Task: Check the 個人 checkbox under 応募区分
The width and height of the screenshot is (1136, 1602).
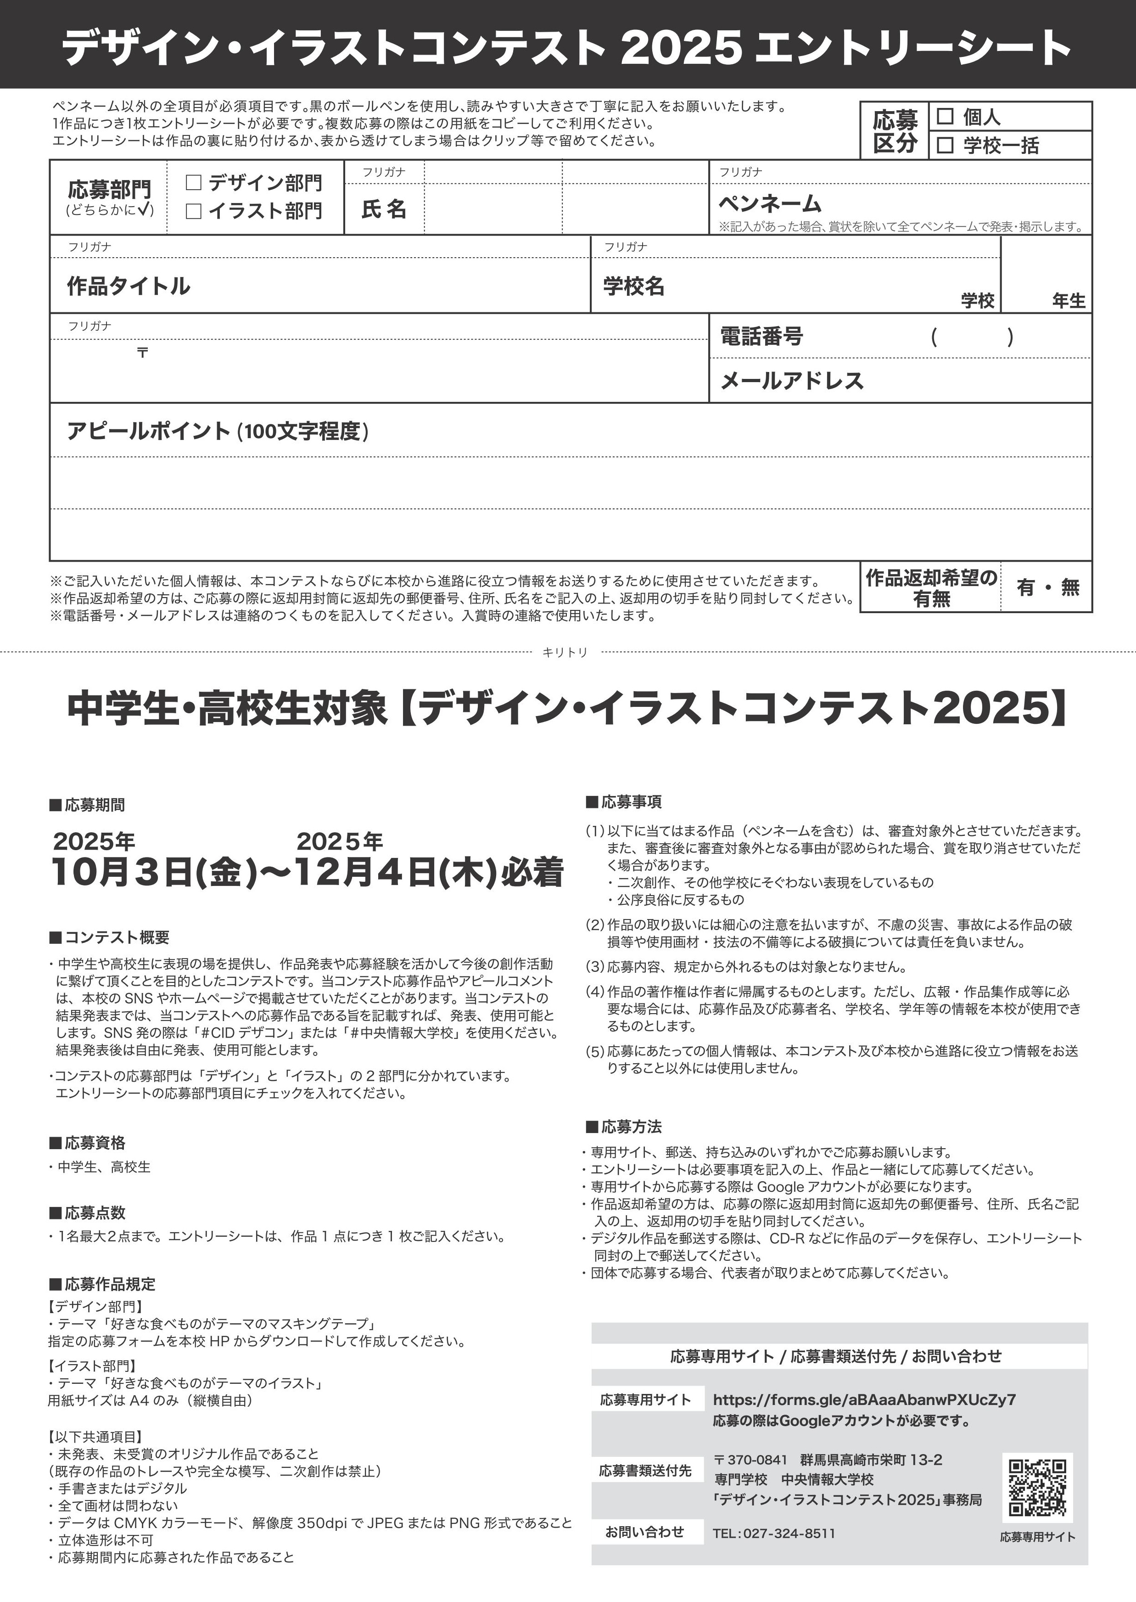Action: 945,116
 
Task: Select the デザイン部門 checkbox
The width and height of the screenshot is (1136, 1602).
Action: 194,183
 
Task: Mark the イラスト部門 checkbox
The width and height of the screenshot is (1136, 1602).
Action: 194,211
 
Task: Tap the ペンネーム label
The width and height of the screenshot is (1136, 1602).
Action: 769,203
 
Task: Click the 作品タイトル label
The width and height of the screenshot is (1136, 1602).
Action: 128,286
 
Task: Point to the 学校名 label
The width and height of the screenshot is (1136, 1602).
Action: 634,286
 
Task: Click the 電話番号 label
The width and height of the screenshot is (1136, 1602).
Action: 762,337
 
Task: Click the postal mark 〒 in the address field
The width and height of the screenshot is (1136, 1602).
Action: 143,352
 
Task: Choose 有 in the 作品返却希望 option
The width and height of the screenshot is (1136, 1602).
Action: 1025,588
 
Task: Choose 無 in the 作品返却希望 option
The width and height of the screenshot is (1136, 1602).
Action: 1070,588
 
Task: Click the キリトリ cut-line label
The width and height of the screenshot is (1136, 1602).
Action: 565,652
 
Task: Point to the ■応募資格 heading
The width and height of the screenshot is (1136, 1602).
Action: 88,1143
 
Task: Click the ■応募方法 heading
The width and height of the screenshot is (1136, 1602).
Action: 623,1127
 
